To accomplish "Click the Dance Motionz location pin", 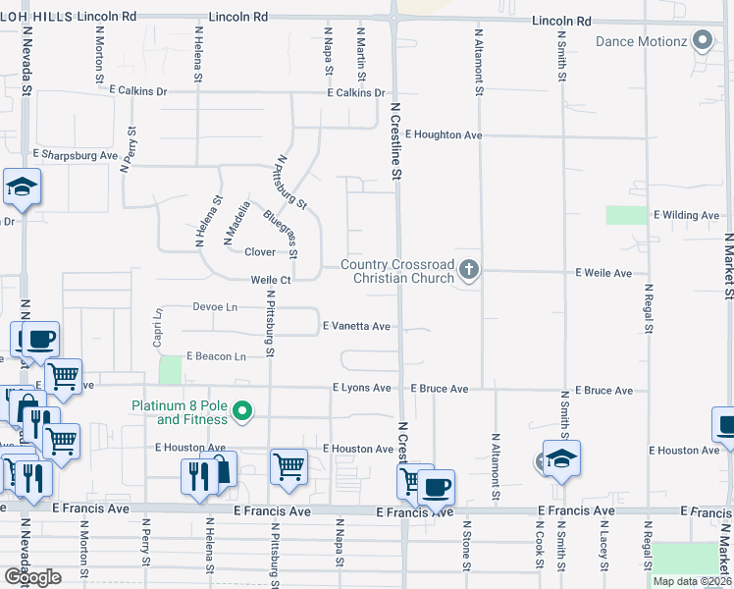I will point(702,41).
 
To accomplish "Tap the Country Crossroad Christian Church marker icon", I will point(469,269).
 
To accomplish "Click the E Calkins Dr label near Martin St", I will point(356,93).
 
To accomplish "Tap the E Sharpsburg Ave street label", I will point(75,155).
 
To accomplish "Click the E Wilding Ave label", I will point(688,215).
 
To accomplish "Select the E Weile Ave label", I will point(603,272).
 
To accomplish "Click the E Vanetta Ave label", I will point(356,326).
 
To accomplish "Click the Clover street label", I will point(260,252).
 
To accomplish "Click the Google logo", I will point(32,576).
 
